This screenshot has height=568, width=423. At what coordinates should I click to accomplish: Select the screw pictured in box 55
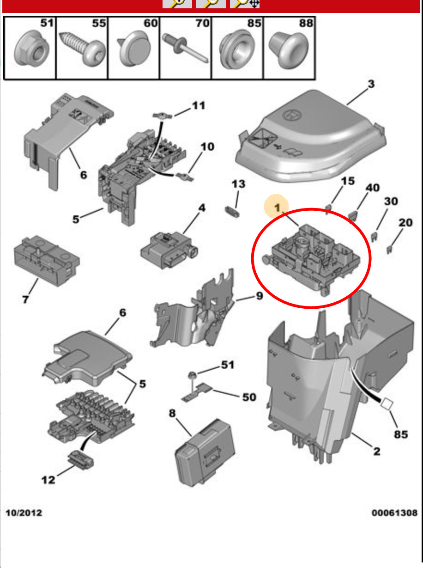80,51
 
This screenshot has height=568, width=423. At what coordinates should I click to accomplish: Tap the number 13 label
238,184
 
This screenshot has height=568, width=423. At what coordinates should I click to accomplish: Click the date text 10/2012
24,513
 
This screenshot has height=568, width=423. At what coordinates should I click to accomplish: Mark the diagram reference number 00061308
394,513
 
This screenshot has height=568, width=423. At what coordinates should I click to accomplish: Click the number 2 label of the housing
376,451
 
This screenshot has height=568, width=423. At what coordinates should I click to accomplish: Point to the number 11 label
199,106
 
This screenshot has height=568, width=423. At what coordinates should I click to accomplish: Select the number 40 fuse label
373,188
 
